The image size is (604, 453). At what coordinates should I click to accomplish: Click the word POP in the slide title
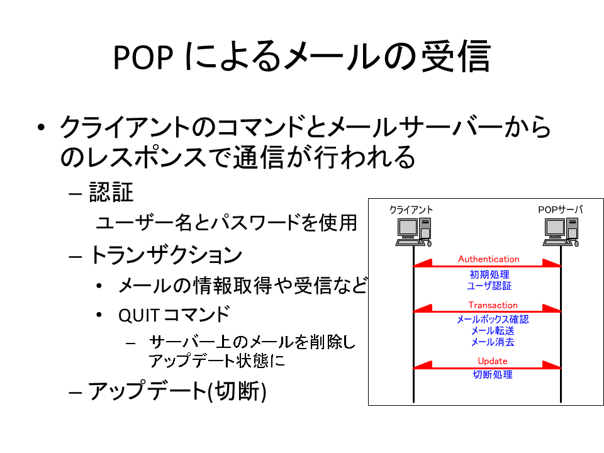click(143, 57)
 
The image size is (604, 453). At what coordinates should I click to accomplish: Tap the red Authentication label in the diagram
click(488, 259)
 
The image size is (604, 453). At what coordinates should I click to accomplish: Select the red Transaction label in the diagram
click(493, 305)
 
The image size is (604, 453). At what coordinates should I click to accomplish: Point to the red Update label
click(492, 361)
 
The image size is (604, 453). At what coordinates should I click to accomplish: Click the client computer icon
click(413, 232)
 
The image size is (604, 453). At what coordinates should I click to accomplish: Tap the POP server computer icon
click(561, 232)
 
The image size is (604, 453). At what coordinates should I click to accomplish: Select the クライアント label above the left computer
click(411, 210)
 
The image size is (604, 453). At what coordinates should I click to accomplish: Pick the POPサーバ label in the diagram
click(561, 210)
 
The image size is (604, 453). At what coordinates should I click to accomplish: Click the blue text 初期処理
click(489, 274)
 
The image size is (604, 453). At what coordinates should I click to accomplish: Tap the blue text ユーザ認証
click(489, 286)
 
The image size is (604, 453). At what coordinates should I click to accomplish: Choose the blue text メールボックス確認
click(493, 320)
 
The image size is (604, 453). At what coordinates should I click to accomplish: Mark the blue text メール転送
click(493, 330)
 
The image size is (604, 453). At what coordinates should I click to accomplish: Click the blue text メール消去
click(493, 342)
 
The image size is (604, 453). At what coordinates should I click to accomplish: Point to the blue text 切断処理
click(493, 374)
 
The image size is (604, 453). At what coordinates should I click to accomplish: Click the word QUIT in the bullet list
click(138, 316)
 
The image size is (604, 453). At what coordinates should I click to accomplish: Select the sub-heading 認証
click(111, 192)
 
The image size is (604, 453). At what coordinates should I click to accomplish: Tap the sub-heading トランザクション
click(166, 255)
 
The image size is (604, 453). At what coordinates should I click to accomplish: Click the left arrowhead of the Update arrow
click(423, 364)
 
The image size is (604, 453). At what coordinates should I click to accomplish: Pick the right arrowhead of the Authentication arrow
click(552, 263)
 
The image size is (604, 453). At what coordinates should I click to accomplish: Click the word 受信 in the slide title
click(456, 57)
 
